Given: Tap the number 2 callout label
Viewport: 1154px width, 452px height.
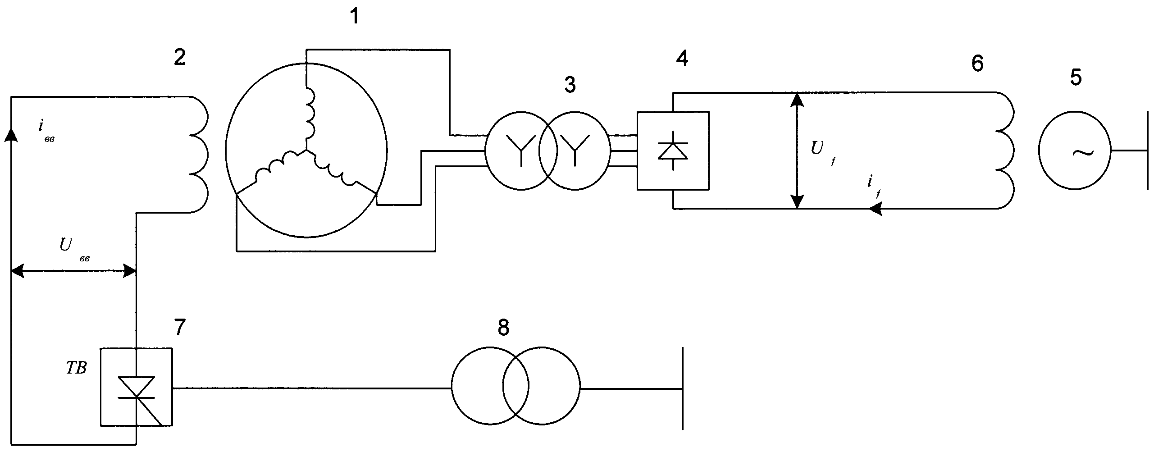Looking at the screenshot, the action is coord(180,57).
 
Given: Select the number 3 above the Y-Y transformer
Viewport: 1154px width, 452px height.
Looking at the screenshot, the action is coord(570,84).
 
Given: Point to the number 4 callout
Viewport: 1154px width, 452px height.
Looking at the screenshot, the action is coord(682,58).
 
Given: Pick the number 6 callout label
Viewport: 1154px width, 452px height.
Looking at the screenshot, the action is coord(976,64).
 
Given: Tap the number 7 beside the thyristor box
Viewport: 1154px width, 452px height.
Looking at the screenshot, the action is coord(180,327).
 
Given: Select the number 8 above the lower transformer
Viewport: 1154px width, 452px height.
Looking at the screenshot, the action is coord(503,328).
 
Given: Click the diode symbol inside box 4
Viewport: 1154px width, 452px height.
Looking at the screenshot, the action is coord(673,151).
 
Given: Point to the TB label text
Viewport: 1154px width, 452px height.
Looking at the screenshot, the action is coord(76,369).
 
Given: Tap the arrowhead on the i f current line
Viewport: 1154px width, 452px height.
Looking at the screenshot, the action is coord(875,208).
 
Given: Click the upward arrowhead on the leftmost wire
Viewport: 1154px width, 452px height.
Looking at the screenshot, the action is coord(10,134).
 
